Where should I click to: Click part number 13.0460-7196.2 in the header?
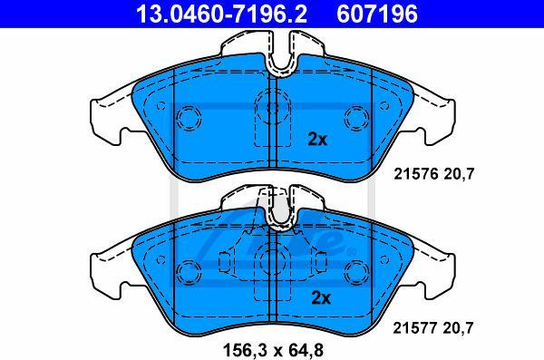(221, 14)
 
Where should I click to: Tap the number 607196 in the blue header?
(377, 14)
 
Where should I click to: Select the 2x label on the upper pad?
(317, 140)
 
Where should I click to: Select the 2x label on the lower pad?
(321, 297)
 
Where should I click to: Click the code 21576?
(415, 173)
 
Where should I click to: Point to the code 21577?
(415, 327)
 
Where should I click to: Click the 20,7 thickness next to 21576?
(459, 174)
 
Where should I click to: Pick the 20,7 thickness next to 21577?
(458, 328)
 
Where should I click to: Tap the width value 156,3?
(246, 350)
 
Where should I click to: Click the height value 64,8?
(305, 350)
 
